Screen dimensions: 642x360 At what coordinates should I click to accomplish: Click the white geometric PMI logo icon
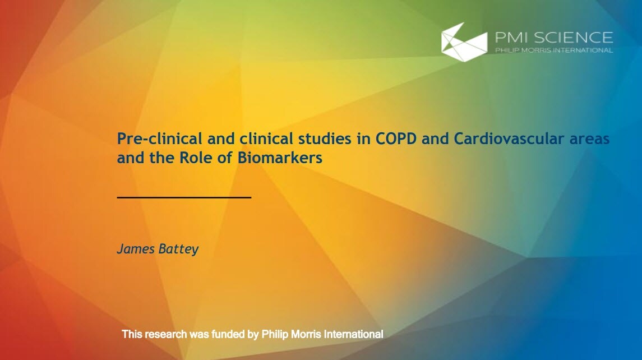[x=464, y=42]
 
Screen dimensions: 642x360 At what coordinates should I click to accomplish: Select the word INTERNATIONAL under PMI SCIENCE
[x=583, y=50]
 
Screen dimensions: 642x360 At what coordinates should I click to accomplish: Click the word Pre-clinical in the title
[x=160, y=139]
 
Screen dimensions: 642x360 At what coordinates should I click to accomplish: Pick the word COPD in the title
[x=396, y=139]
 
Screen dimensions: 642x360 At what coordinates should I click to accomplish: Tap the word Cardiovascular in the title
[x=509, y=139]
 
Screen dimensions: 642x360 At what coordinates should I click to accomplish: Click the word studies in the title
[x=325, y=139]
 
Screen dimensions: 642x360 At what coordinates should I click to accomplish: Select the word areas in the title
[x=590, y=139]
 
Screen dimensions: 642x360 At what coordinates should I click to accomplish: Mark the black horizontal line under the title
[x=184, y=197]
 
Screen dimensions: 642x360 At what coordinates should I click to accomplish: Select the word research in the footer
[x=165, y=334]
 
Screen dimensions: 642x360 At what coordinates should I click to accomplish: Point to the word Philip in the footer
[x=275, y=335]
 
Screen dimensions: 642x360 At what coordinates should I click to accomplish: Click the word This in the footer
[x=132, y=334]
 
